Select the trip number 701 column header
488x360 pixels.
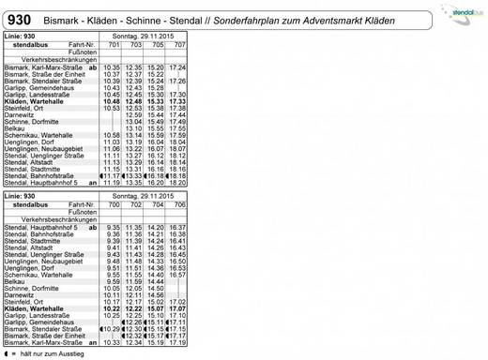(113, 45)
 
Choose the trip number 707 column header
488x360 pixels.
(177, 45)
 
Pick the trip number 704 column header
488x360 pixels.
(155, 203)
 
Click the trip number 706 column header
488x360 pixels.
(177, 203)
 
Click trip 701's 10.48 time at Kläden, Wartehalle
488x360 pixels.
(113, 101)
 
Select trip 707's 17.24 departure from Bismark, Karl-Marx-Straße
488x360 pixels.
(177, 67)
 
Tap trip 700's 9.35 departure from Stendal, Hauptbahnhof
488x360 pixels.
(113, 227)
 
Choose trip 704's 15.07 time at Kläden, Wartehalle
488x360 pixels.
(156, 307)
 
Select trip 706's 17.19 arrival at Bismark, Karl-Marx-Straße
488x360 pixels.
(177, 342)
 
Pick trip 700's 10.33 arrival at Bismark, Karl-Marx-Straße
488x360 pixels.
(113, 342)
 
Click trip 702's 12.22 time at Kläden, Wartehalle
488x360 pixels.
(134, 307)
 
